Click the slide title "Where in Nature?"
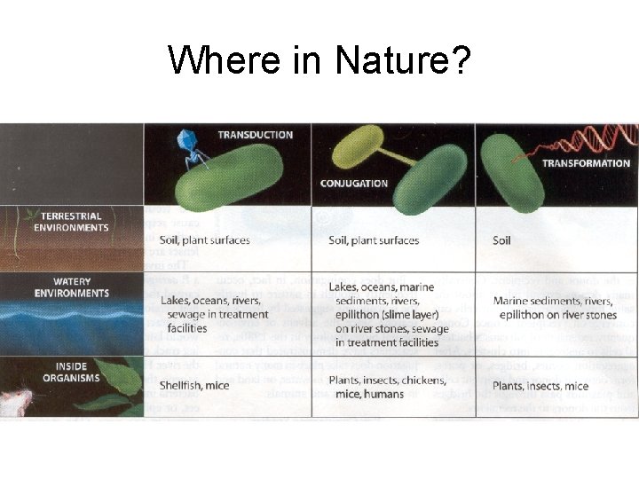(319, 60)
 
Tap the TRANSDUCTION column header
(256, 135)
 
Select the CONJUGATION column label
(354, 184)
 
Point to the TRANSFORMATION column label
(586, 163)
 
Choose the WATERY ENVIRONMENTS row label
(72, 287)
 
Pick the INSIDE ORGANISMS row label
(72, 373)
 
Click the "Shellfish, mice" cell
(194, 385)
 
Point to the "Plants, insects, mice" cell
(540, 386)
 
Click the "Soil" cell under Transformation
(501, 240)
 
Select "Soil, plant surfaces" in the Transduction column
(205, 239)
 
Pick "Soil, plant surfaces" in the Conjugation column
(374, 240)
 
